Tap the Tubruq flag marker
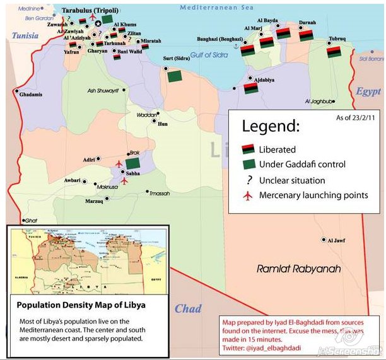334,52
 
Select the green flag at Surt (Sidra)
174,76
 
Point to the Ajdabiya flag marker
250,89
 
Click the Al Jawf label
336,240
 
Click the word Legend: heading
271,127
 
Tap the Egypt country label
368,91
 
